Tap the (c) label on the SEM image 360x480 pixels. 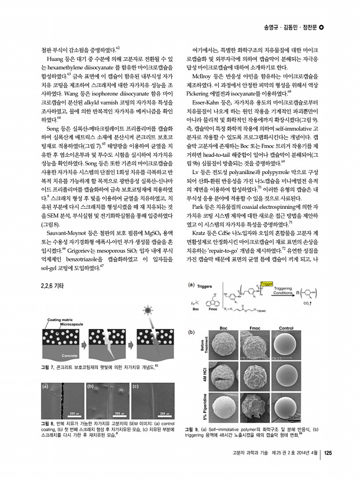[135, 385]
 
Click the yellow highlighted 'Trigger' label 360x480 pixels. [267, 284]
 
